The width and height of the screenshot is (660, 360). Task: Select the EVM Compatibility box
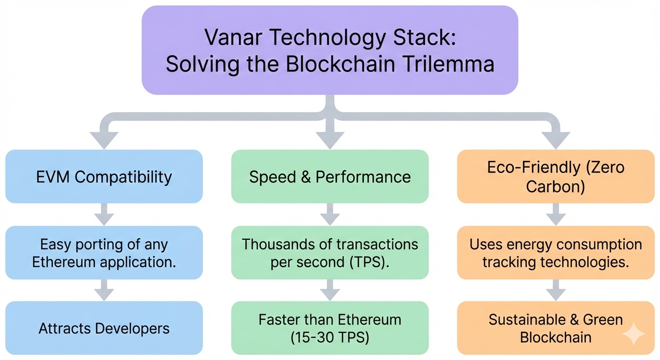[104, 177]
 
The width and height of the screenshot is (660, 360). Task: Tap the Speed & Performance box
[330, 177]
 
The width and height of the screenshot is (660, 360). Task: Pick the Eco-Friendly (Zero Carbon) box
[555, 177]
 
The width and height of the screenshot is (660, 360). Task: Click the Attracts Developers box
[104, 328]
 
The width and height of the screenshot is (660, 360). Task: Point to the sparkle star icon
[633, 334]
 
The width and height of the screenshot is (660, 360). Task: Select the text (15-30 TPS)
[330, 337]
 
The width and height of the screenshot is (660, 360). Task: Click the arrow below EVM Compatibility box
[104, 215]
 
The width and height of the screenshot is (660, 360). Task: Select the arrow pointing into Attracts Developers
[104, 291]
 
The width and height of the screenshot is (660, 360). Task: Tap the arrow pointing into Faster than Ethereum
[330, 291]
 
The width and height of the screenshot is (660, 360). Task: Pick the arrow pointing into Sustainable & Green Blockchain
[555, 291]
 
